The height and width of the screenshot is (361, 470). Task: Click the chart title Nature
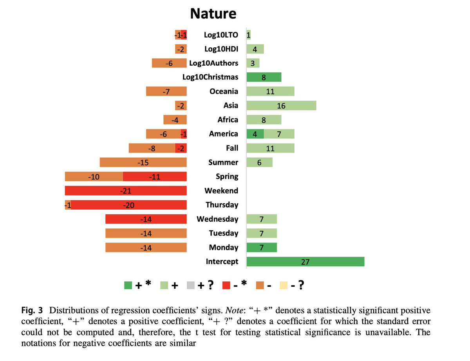[213, 14]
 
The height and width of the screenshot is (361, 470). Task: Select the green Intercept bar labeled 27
[305, 262]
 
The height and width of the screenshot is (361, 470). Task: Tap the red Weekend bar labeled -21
[126, 191]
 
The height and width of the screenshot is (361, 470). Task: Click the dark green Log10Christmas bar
[264, 77]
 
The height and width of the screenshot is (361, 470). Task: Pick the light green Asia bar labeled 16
[281, 106]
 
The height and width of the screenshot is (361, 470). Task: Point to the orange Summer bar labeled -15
[143, 162]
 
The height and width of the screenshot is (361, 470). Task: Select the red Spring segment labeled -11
[155, 177]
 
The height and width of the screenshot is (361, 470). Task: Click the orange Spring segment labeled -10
[94, 177]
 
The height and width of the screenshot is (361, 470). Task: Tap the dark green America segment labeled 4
[255, 134]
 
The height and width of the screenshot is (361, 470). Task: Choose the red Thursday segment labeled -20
[129, 205]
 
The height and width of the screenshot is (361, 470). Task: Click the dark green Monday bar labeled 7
[261, 248]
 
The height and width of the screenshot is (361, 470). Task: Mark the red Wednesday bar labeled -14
[146, 219]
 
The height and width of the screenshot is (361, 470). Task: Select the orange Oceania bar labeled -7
[166, 92]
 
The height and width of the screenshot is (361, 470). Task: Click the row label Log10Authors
[213, 63]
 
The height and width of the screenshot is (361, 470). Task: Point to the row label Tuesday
[223, 233]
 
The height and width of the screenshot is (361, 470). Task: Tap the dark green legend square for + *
[128, 286]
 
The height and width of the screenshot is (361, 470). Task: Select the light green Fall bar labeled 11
[270, 148]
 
